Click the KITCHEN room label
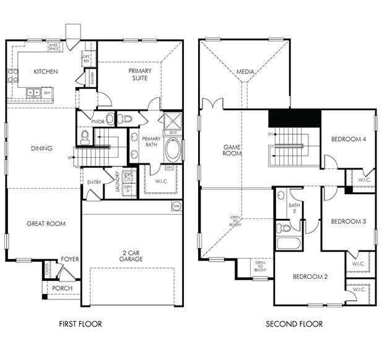pos(46,72)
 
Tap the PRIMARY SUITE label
pos(140,74)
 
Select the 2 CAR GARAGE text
pos(132,255)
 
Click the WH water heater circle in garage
pos(176,207)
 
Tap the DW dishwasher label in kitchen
pos(46,93)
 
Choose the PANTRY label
pos(92,78)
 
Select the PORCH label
pos(63,288)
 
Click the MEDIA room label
pos(245,72)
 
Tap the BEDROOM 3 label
pos(349,221)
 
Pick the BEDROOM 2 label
pos(310,276)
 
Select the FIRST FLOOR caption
pos(80,324)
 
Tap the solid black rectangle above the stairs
pos(294,117)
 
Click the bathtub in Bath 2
pos(289,242)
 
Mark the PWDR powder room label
pos(97,122)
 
